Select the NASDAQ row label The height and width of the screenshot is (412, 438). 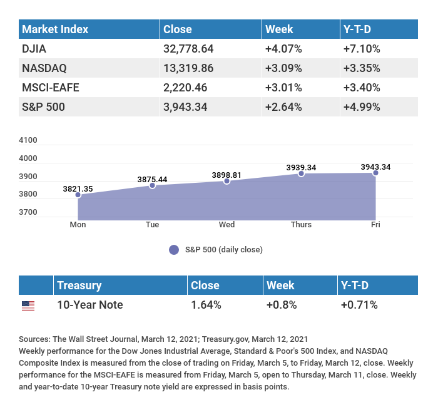tap(44, 68)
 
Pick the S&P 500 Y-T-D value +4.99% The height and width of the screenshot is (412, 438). tap(362, 106)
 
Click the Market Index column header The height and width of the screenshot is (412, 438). tap(55, 29)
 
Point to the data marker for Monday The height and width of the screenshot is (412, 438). tap(78, 195)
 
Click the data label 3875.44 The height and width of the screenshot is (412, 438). tap(152, 179)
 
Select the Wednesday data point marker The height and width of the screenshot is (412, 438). tap(227, 181)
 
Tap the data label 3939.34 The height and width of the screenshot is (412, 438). tap(301, 167)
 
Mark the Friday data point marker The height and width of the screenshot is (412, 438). tap(375, 172)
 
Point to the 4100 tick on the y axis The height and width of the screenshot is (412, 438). tap(28, 140)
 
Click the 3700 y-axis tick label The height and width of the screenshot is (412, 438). tap(28, 212)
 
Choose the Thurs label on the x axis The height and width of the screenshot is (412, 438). tap(301, 225)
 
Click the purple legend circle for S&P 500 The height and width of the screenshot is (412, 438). tap(174, 249)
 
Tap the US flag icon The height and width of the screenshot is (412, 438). tap(28, 306)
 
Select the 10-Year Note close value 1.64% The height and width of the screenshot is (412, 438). tap(205, 305)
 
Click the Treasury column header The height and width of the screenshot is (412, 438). tap(79, 286)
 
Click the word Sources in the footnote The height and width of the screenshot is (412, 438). tap(34, 339)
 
